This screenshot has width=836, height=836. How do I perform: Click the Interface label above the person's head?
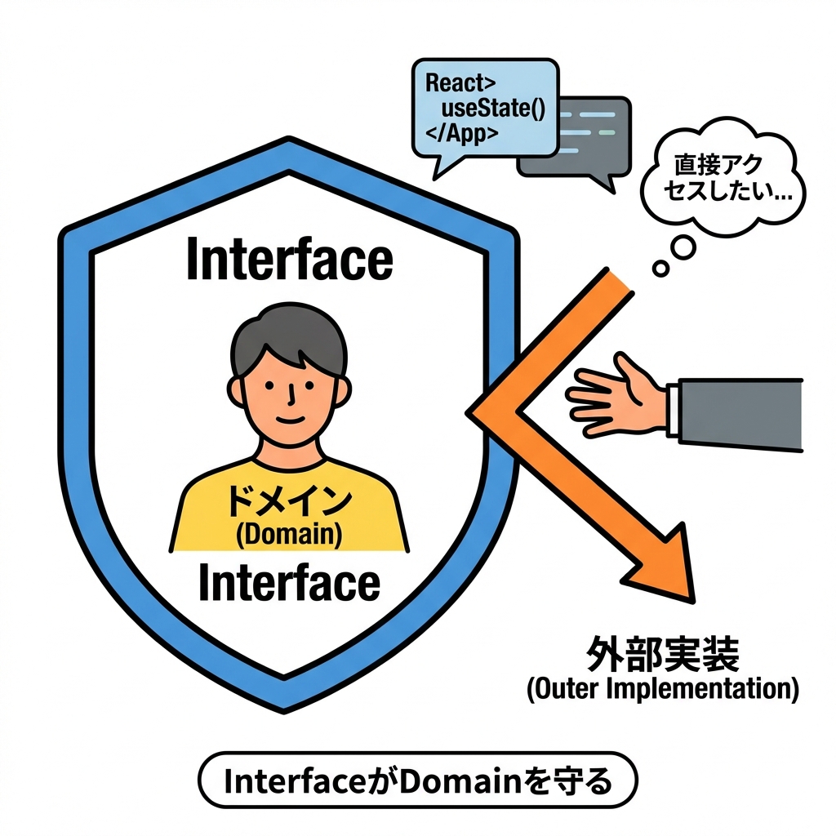(289, 260)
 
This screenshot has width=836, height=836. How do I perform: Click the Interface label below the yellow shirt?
(289, 583)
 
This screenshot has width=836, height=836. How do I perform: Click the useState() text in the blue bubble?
(492, 108)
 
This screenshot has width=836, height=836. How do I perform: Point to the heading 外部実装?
(662, 656)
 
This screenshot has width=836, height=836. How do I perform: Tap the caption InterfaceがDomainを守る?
(417, 782)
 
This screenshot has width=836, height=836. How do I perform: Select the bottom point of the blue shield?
(286, 704)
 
